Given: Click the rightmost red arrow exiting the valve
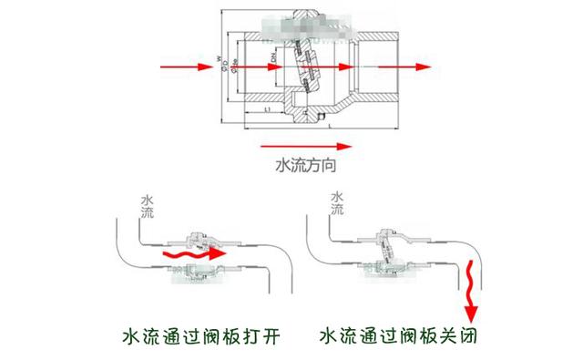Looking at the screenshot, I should [406, 68].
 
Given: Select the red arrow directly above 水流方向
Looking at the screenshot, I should [305, 144].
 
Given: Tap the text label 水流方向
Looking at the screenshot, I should [307, 166].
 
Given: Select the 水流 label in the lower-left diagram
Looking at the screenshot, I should [148, 204].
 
